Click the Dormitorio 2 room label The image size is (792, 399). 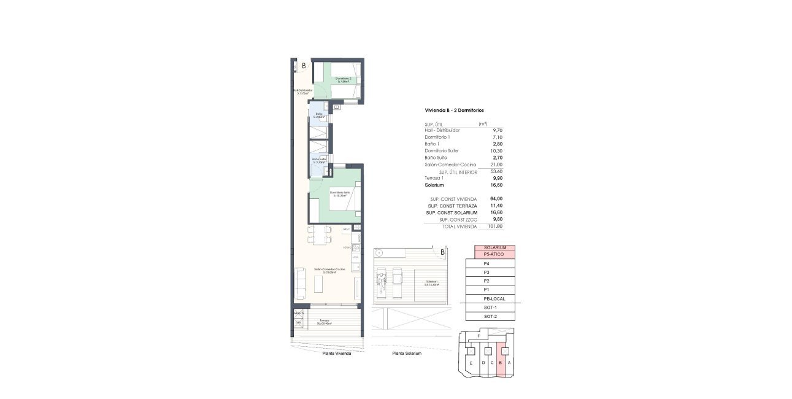[342, 79]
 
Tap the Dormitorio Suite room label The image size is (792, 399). [339, 194]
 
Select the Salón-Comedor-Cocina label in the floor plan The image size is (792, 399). [329, 270]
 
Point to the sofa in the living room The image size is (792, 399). [299, 284]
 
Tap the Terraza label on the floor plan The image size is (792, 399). [324, 322]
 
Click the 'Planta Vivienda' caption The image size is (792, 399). [337, 354]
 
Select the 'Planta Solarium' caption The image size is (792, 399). [407, 354]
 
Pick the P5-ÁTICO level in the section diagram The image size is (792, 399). [494, 254]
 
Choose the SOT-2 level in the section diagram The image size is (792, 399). [490, 316]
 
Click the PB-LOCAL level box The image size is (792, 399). [494, 298]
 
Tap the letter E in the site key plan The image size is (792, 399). [471, 363]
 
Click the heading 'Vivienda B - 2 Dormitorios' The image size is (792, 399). [454, 110]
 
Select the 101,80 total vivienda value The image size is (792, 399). [495, 226]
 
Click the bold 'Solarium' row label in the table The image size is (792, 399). [436, 185]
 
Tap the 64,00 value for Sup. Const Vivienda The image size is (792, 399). [496, 199]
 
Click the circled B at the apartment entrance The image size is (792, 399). [302, 65]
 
